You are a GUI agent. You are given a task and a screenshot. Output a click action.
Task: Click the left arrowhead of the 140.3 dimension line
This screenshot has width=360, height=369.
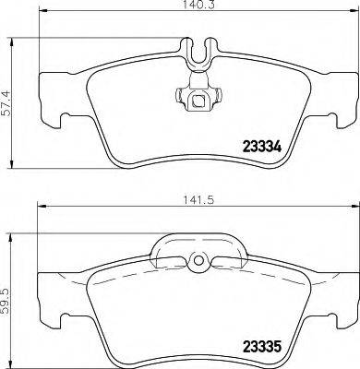40,18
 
